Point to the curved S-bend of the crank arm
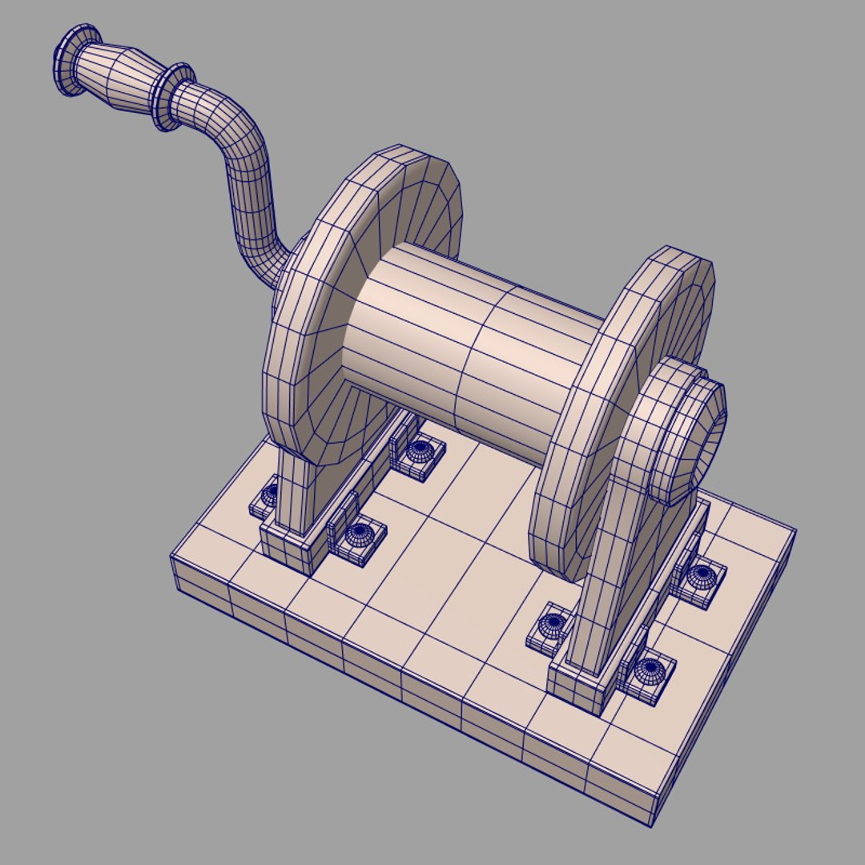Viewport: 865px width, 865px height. point(248,192)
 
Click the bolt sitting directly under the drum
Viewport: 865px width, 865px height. point(418,453)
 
